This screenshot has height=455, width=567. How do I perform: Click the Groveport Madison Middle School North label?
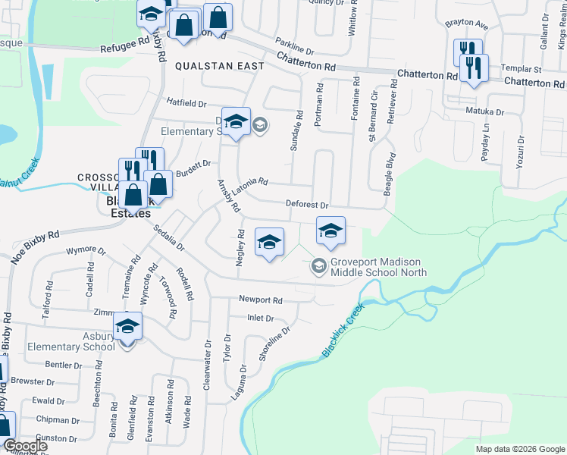(x=378, y=267)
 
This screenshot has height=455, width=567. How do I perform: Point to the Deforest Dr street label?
(x=306, y=205)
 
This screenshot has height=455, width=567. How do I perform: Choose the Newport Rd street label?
(x=260, y=300)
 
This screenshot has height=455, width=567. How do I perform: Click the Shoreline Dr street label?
(x=276, y=343)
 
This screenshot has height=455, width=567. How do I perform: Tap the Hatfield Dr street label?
(x=186, y=102)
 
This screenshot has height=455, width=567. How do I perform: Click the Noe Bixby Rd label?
(x=35, y=246)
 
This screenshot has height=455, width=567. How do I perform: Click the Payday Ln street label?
(x=487, y=143)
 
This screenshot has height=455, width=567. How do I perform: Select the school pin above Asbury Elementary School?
(x=127, y=327)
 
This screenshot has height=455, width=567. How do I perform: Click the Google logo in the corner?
(x=24, y=446)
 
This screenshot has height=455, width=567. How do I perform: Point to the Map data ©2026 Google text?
(x=520, y=449)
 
